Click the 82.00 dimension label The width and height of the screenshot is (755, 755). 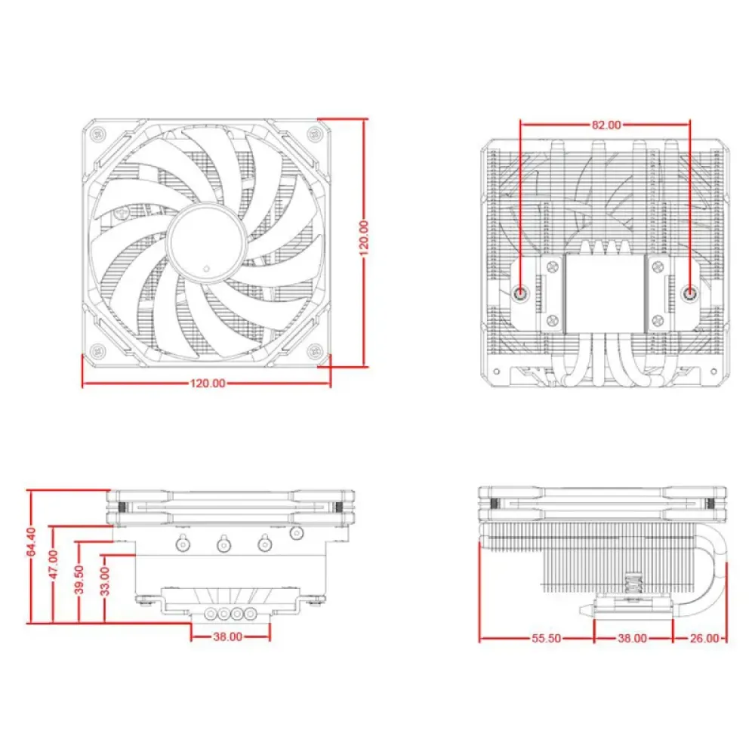(x=606, y=125)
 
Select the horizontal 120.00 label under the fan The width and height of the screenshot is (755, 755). (x=208, y=384)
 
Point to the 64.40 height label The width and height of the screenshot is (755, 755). (x=31, y=541)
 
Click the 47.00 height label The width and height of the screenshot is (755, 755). (x=53, y=564)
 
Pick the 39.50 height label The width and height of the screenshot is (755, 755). (x=79, y=580)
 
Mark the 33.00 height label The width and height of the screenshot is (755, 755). (x=104, y=581)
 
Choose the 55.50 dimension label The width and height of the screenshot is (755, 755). (x=546, y=639)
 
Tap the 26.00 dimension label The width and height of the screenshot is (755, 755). (x=704, y=639)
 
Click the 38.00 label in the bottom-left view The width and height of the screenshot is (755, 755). (x=228, y=636)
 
